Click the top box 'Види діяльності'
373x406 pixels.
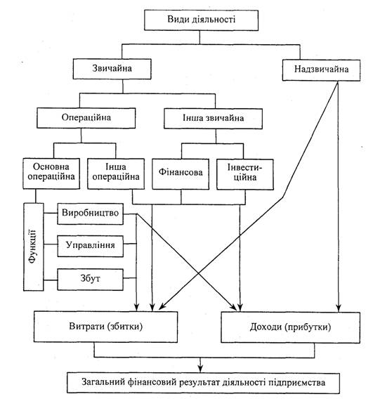pos(202,20)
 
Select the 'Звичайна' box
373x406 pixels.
pos(112,69)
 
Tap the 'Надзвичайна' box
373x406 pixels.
pos(321,70)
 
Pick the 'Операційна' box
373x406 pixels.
pos(86,118)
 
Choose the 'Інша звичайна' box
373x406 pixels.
pos(213,119)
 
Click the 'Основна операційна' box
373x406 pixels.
pos(51,173)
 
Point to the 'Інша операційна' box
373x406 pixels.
pos(116,173)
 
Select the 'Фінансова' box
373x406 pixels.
pos(181,174)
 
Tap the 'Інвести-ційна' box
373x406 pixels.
pos(245,174)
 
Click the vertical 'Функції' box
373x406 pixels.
pos(34,247)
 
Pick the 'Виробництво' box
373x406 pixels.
pos(90,214)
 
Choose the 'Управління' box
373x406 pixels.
pos(90,247)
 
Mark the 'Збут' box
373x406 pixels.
pos(90,280)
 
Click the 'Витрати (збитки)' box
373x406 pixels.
pos(105,327)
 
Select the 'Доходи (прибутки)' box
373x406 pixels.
pos(290,327)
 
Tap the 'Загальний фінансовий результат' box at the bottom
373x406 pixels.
pos(203,383)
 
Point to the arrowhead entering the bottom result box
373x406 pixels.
pos(199,369)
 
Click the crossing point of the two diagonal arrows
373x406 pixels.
pos(198,273)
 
